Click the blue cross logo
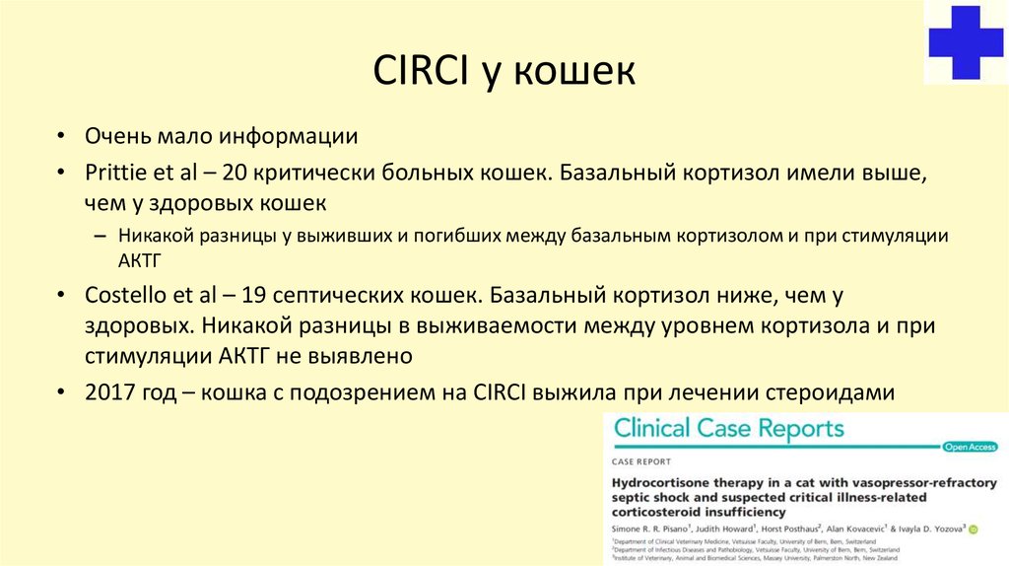(x=966, y=42)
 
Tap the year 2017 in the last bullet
(x=108, y=391)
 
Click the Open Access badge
(x=969, y=447)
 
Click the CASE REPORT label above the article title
(x=641, y=461)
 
